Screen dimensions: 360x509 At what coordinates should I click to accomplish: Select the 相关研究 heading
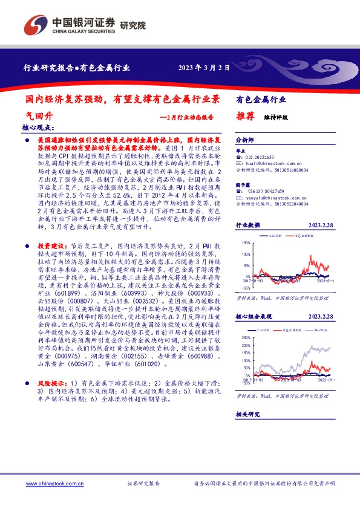(x=247, y=413)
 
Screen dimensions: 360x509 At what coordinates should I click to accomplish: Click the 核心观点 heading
(x=38, y=128)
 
